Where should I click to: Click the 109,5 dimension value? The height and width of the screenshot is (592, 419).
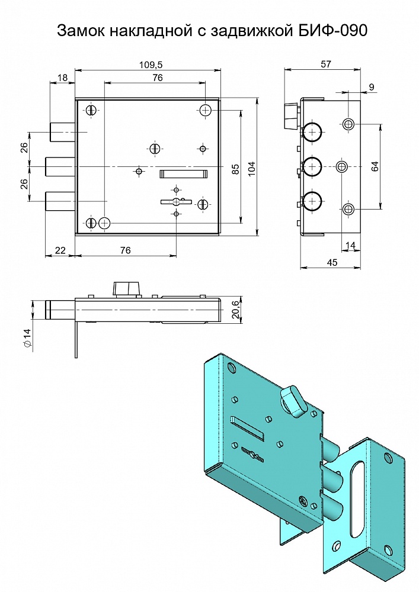coord(151,65)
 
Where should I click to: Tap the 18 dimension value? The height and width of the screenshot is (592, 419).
coord(62,78)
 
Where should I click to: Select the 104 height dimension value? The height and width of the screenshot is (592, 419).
coord(252,168)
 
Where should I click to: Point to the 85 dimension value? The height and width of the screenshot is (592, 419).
coord(235,168)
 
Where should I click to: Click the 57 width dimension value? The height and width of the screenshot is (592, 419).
coord(326,65)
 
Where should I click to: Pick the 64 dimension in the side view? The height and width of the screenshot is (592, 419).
coord(375,166)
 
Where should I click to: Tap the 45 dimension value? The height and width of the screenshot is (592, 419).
coord(332,262)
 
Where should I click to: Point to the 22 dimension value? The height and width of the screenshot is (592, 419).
coord(60,250)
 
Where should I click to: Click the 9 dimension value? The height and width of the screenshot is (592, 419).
coord(372,87)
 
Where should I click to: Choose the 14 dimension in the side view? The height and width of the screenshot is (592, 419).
coord(351,246)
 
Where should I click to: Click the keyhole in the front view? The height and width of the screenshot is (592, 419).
coord(177,202)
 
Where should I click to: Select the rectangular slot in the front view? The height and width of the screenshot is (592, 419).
coord(183,173)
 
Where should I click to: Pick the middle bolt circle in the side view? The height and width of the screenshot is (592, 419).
coord(312,166)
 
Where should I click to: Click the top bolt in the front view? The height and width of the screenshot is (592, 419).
coord(62,132)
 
